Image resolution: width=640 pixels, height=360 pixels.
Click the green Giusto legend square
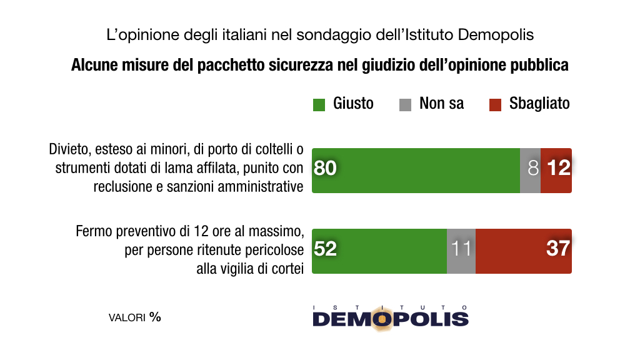click(x=319, y=104)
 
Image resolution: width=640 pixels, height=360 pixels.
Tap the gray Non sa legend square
click(x=405, y=104)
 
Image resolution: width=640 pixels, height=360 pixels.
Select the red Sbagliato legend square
click(x=495, y=104)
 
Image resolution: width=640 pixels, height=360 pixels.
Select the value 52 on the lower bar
click(x=325, y=249)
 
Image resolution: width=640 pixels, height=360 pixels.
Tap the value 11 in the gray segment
click(x=461, y=249)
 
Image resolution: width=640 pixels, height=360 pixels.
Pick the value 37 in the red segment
click(x=557, y=249)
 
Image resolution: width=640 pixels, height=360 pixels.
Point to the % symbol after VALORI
click(x=155, y=317)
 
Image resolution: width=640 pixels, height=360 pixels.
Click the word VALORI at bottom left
click(x=127, y=317)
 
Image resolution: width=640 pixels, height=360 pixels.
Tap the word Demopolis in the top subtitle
click(x=496, y=34)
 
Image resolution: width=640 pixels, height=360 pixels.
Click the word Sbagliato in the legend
click(x=539, y=104)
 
